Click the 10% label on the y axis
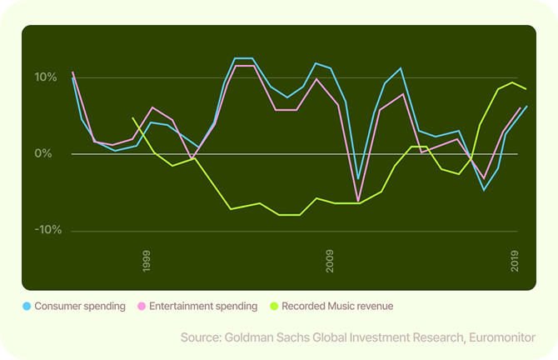tap(45, 77)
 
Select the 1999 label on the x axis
tap(147, 260)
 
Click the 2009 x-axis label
tap(330, 260)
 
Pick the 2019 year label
tap(514, 260)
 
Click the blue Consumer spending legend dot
tap(27, 307)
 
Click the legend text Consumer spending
tap(80, 307)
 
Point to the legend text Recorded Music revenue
tap(337, 307)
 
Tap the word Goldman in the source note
tap(252, 337)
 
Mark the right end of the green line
tap(526, 89)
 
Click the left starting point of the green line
tap(133, 118)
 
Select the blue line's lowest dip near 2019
tap(484, 190)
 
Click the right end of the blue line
tap(526, 106)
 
